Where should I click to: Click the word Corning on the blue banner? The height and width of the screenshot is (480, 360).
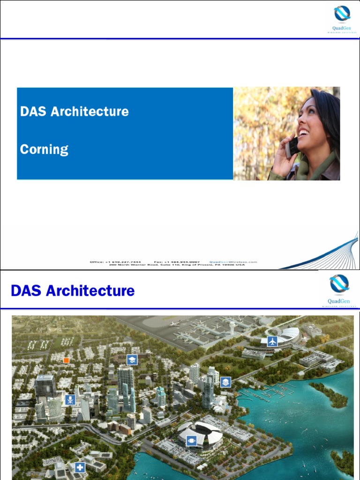point(44,150)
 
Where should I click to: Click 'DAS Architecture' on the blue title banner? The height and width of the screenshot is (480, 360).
point(74,112)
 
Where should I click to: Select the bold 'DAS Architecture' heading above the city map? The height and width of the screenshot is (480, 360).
point(73,291)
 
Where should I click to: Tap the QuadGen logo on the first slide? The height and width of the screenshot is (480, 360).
point(342,19)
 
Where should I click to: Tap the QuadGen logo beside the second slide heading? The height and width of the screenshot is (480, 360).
point(339,289)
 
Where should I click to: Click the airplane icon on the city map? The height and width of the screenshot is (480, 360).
point(272,341)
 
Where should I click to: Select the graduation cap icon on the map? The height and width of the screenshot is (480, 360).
point(132,360)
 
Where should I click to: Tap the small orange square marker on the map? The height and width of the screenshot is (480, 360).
point(66,360)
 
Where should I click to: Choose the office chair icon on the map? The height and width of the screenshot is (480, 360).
point(70,400)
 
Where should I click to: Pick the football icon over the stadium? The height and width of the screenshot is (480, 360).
point(191,441)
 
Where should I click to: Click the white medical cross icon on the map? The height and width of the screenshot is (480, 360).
point(80,467)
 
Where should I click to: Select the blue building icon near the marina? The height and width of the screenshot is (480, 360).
point(225,382)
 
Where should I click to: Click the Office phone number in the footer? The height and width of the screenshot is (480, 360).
point(115,262)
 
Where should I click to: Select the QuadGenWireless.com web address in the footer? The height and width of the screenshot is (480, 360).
point(233,262)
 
